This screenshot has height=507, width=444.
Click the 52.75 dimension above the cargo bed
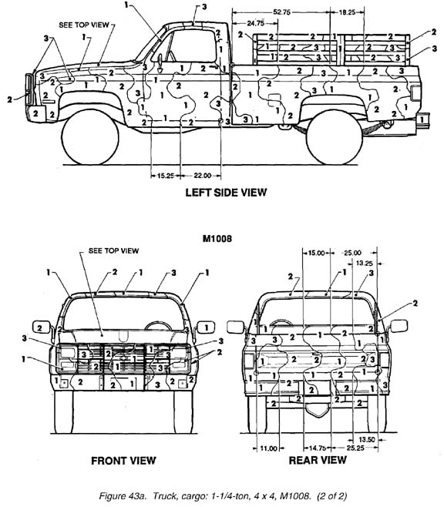pos(281,12)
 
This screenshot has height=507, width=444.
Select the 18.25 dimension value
pos(347,12)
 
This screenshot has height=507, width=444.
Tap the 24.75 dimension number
pos(255,23)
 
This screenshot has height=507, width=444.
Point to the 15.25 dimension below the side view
pos(166,176)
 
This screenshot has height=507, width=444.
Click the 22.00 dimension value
pos(203,176)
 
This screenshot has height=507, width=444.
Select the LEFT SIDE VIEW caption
pos(226,193)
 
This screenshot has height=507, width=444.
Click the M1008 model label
pos(217,239)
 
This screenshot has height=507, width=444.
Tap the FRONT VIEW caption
pos(123,461)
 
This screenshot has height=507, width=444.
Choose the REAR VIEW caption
pos(318,460)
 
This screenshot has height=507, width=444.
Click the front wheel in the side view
pos(90,137)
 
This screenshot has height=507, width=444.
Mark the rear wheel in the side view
pos(334,137)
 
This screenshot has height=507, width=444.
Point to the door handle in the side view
pos(213,66)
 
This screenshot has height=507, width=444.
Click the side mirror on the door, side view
pos(160,63)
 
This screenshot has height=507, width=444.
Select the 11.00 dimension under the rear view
pos(268,448)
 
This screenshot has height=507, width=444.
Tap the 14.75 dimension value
pos(318,448)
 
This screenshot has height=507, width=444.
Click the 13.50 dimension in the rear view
pos(367,439)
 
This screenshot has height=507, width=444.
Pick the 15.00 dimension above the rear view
pos(316,253)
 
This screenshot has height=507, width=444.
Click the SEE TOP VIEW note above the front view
pos(113,250)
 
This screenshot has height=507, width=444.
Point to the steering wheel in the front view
pos(158,325)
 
